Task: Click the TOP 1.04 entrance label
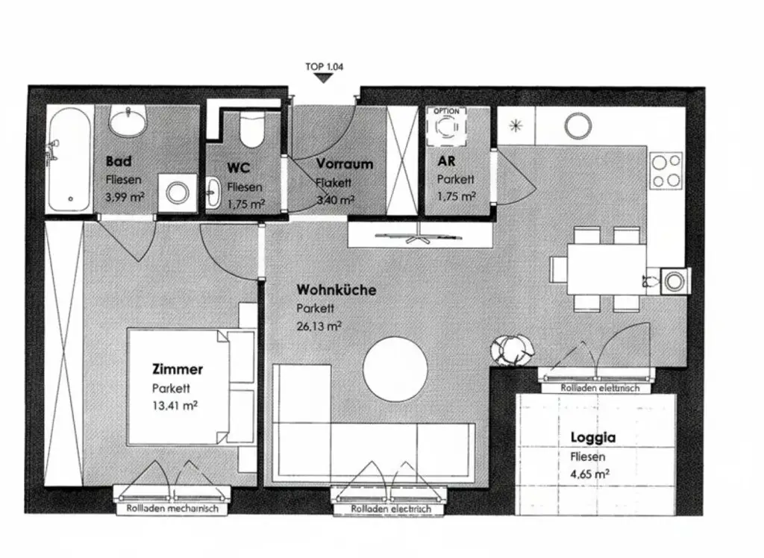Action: [x=324, y=66]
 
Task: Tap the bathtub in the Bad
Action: [x=69, y=159]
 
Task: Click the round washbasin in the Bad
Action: [x=128, y=120]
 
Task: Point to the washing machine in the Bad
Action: [x=178, y=193]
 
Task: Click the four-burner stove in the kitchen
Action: [x=666, y=171]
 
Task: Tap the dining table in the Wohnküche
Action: [x=606, y=269]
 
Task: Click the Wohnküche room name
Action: [x=336, y=289]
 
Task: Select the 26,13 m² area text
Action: [x=319, y=325]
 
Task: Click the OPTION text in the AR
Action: [x=446, y=111]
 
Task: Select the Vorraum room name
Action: [x=344, y=163]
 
